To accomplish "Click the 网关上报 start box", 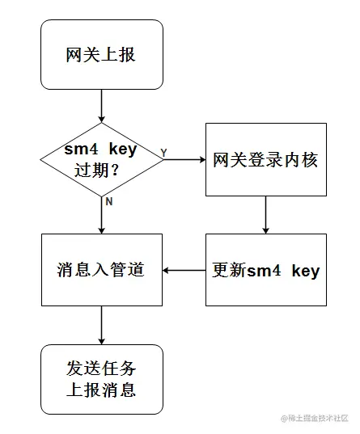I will pyautogui.click(x=102, y=55).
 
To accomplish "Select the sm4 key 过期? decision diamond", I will pyautogui.click(x=102, y=159).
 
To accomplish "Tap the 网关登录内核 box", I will pyautogui.click(x=265, y=159).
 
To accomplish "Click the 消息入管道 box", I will pyautogui.click(x=102, y=270).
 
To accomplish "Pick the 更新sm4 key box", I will pyautogui.click(x=265, y=270).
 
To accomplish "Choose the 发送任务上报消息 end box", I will pyautogui.click(x=102, y=379).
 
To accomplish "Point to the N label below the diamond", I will pyautogui.click(x=108, y=201).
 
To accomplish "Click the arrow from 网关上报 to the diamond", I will pyautogui.click(x=102, y=106).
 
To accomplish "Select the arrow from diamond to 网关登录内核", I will pyautogui.click(x=184, y=159).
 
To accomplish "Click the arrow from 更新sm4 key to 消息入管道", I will pyautogui.click(x=184, y=270).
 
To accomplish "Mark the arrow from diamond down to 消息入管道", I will pyautogui.click(x=102, y=215).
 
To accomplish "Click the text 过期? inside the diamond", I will pyautogui.click(x=102, y=170).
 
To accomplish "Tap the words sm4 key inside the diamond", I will pyautogui.click(x=102, y=150).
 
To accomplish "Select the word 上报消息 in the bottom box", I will pyautogui.click(x=102, y=390).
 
